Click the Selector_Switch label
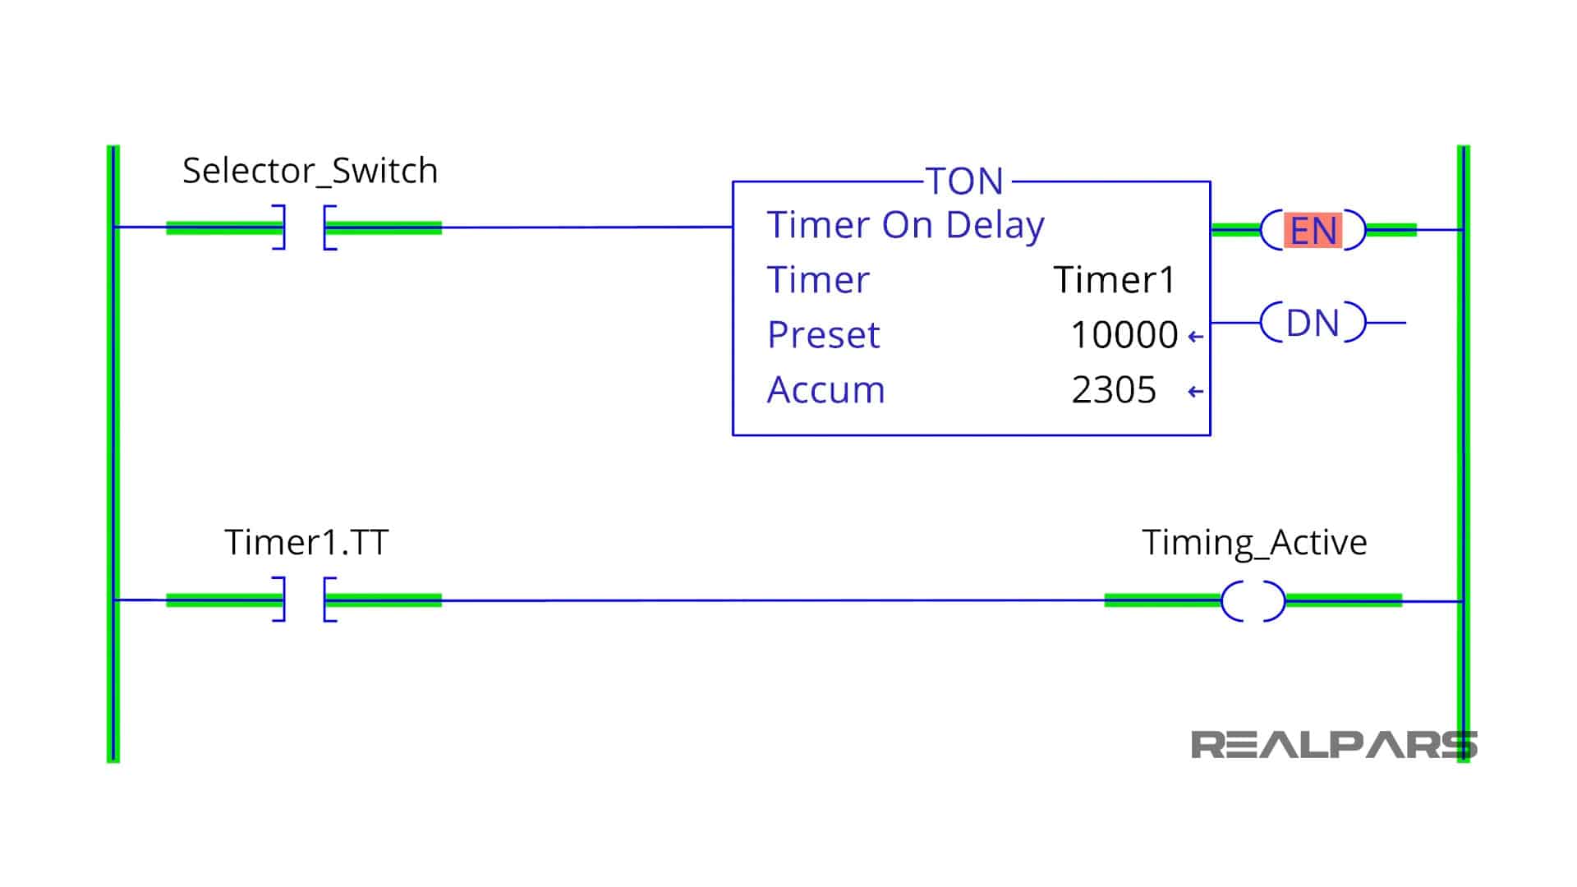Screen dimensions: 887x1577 pos(310,171)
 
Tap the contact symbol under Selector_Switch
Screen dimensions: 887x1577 pos(304,227)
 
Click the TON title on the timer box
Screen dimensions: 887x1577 pos(964,182)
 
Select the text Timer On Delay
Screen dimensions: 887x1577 pos(905,225)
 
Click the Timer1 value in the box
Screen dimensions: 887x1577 pos(1115,280)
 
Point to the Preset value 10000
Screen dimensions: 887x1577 pos(1124,335)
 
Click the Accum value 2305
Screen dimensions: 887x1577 pos(1113,390)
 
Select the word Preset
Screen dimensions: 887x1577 pos(823,335)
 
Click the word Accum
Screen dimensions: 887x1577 pos(825,390)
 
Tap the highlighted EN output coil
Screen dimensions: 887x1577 pos(1313,231)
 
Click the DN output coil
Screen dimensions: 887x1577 pos(1313,323)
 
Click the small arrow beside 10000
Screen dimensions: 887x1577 pos(1196,337)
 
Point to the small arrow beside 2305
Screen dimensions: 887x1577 pos(1196,392)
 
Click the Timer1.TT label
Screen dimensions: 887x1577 pos(306,543)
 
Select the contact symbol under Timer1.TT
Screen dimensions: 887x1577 pos(304,600)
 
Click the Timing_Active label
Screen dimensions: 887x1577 pos(1254,543)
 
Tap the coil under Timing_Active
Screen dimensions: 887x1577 pos(1253,601)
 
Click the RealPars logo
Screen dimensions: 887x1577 pos(1332,745)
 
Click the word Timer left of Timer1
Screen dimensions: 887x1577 pos(817,280)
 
